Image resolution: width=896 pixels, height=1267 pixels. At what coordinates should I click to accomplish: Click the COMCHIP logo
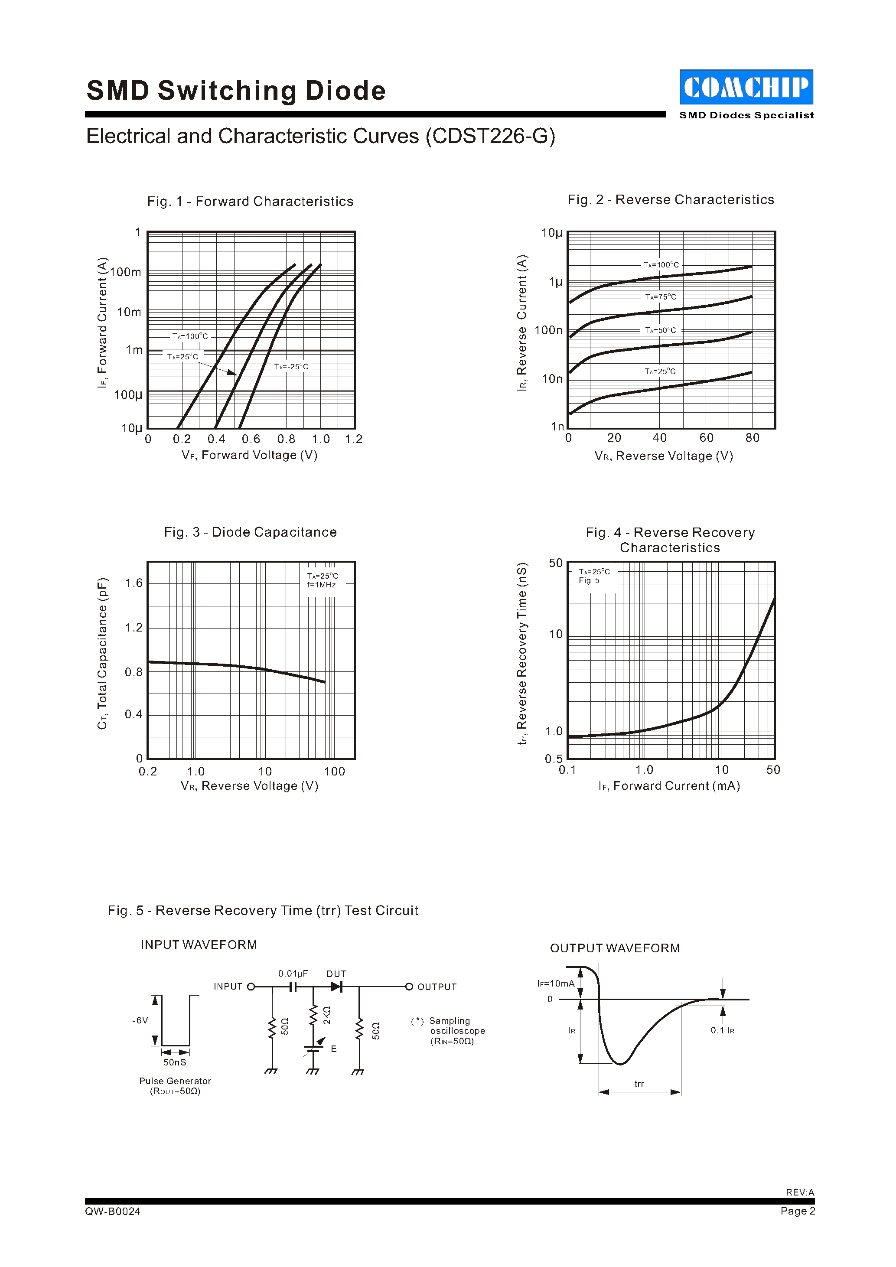tap(746, 87)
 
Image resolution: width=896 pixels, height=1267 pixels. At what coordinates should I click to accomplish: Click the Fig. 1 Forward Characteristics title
tap(250, 202)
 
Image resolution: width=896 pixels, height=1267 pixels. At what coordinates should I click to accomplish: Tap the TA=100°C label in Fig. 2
tap(661, 265)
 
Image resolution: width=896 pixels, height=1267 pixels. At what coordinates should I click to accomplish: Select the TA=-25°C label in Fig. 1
tap(291, 366)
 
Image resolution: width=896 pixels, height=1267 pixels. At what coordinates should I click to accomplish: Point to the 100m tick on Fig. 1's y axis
tap(126, 272)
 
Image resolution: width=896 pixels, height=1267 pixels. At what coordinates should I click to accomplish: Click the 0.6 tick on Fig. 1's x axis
tap(251, 439)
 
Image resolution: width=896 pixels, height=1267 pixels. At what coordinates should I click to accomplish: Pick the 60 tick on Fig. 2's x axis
tap(706, 438)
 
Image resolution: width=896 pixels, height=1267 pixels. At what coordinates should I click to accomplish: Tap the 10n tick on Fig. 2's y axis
tap(552, 378)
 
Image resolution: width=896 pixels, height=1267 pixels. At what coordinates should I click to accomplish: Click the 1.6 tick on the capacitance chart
tap(134, 583)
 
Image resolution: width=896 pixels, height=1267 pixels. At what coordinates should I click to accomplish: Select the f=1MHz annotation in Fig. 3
tap(322, 585)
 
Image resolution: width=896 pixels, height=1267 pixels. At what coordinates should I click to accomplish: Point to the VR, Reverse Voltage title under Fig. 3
tap(249, 786)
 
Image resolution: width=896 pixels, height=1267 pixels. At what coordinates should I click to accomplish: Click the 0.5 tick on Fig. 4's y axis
tap(554, 759)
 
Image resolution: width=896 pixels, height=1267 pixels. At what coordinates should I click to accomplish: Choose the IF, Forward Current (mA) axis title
tap(669, 786)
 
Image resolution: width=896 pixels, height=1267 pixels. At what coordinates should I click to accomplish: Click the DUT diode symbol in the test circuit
tap(336, 987)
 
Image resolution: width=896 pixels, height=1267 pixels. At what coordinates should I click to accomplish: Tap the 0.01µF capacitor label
tap(293, 974)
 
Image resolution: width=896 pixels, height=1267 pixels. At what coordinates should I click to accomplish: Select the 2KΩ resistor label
tap(326, 1014)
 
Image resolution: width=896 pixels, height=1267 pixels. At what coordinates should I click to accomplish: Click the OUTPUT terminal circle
tap(409, 987)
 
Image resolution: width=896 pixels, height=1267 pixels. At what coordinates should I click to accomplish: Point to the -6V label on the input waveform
tap(140, 1020)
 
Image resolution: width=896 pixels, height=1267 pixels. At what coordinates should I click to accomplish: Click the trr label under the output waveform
tap(639, 1084)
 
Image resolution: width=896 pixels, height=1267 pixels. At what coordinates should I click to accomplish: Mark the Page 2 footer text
tap(797, 1211)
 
